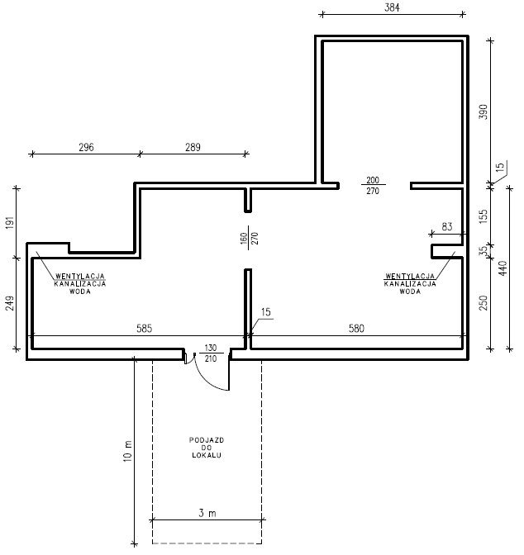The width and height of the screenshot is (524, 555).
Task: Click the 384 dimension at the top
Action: [392, 7]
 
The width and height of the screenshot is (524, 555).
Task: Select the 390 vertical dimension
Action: [484, 111]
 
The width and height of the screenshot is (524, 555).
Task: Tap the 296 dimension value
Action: [86, 147]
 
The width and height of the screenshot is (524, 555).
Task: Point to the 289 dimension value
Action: [193, 147]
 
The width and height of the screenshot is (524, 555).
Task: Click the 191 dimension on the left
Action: [10, 223]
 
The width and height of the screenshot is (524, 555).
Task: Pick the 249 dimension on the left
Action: [10, 303]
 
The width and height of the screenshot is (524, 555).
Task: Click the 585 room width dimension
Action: [144, 329]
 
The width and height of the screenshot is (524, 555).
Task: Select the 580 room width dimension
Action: [356, 329]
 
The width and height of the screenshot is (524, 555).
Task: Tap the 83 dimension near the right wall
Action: [447, 226]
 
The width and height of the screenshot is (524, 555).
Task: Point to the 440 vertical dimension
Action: [503, 268]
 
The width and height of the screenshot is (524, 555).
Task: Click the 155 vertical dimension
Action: [484, 216]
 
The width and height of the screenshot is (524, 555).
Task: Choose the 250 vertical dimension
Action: [484, 303]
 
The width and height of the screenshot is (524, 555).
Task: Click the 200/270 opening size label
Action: [373, 186]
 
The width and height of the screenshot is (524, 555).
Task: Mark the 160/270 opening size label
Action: [249, 238]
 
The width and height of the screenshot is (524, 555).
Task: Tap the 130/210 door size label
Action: [211, 353]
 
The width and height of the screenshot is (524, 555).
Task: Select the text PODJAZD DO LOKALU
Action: [207, 448]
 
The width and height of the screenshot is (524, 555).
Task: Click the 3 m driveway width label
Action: [207, 513]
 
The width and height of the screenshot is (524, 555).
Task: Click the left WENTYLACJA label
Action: [80, 276]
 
